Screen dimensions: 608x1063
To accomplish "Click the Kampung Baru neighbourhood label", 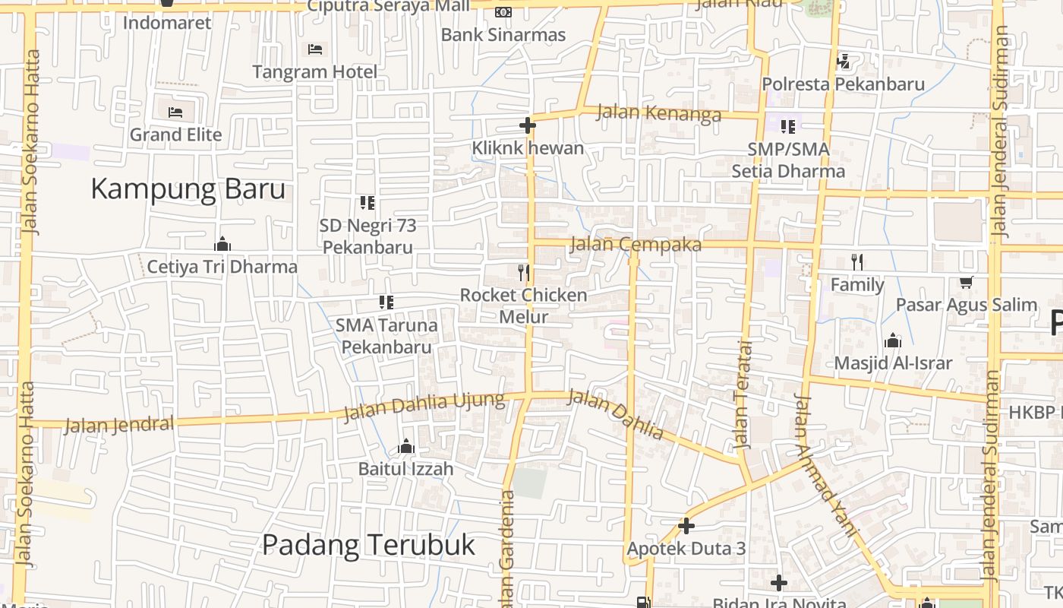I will (x=188, y=189).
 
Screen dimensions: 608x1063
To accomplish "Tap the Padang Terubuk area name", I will (x=368, y=545).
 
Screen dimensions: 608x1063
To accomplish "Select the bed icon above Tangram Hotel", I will (x=315, y=50).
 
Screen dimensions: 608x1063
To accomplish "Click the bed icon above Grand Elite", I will (x=175, y=112).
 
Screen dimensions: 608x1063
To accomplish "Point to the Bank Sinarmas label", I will (x=503, y=35).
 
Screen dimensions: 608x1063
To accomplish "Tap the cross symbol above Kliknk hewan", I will (x=528, y=125).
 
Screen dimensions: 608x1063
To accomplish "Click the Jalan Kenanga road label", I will (x=658, y=113).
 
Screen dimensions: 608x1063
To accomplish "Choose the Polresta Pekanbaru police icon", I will (x=842, y=62).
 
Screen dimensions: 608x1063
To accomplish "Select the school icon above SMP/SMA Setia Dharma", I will (x=788, y=126).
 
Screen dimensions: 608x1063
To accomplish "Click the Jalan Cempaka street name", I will (x=635, y=245).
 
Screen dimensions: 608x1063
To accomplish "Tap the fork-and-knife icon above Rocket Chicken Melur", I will (x=523, y=272).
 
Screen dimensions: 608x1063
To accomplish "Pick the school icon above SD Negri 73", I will (x=367, y=203).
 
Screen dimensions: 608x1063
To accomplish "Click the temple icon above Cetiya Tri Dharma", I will (x=222, y=244).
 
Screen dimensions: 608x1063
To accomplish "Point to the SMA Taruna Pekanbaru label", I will (x=386, y=336).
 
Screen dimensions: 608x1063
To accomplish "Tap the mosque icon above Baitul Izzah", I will (x=406, y=446).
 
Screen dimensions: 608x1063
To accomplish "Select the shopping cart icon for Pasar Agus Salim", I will (x=966, y=283).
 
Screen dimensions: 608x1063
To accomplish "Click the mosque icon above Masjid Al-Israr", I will (x=892, y=340).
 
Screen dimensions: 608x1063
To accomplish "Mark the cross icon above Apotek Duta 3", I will (x=686, y=526).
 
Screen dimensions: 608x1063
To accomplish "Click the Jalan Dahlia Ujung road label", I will (x=424, y=407).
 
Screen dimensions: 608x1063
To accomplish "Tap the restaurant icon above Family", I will (x=857, y=262).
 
